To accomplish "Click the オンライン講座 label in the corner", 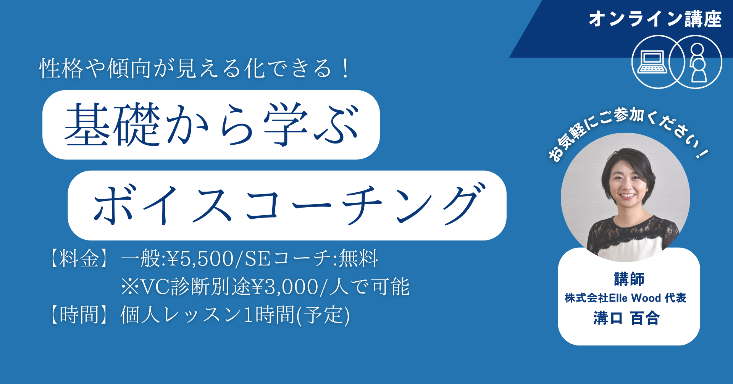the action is tap(655, 19).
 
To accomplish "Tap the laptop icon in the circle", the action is tap(652, 62).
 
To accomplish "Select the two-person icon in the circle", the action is tap(698, 62).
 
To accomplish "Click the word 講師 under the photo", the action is tap(629, 279).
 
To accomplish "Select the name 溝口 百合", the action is tap(626, 318).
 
